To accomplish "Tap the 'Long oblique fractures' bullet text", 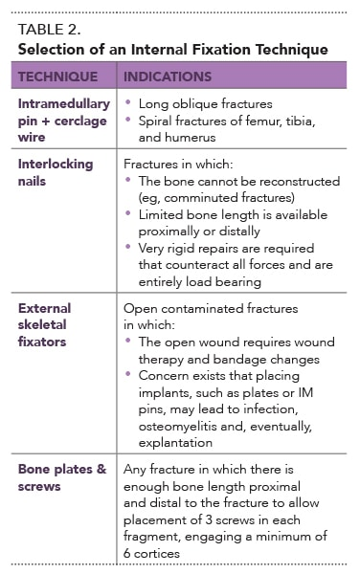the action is click(204, 102).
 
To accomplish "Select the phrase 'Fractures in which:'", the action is click(181, 164).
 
